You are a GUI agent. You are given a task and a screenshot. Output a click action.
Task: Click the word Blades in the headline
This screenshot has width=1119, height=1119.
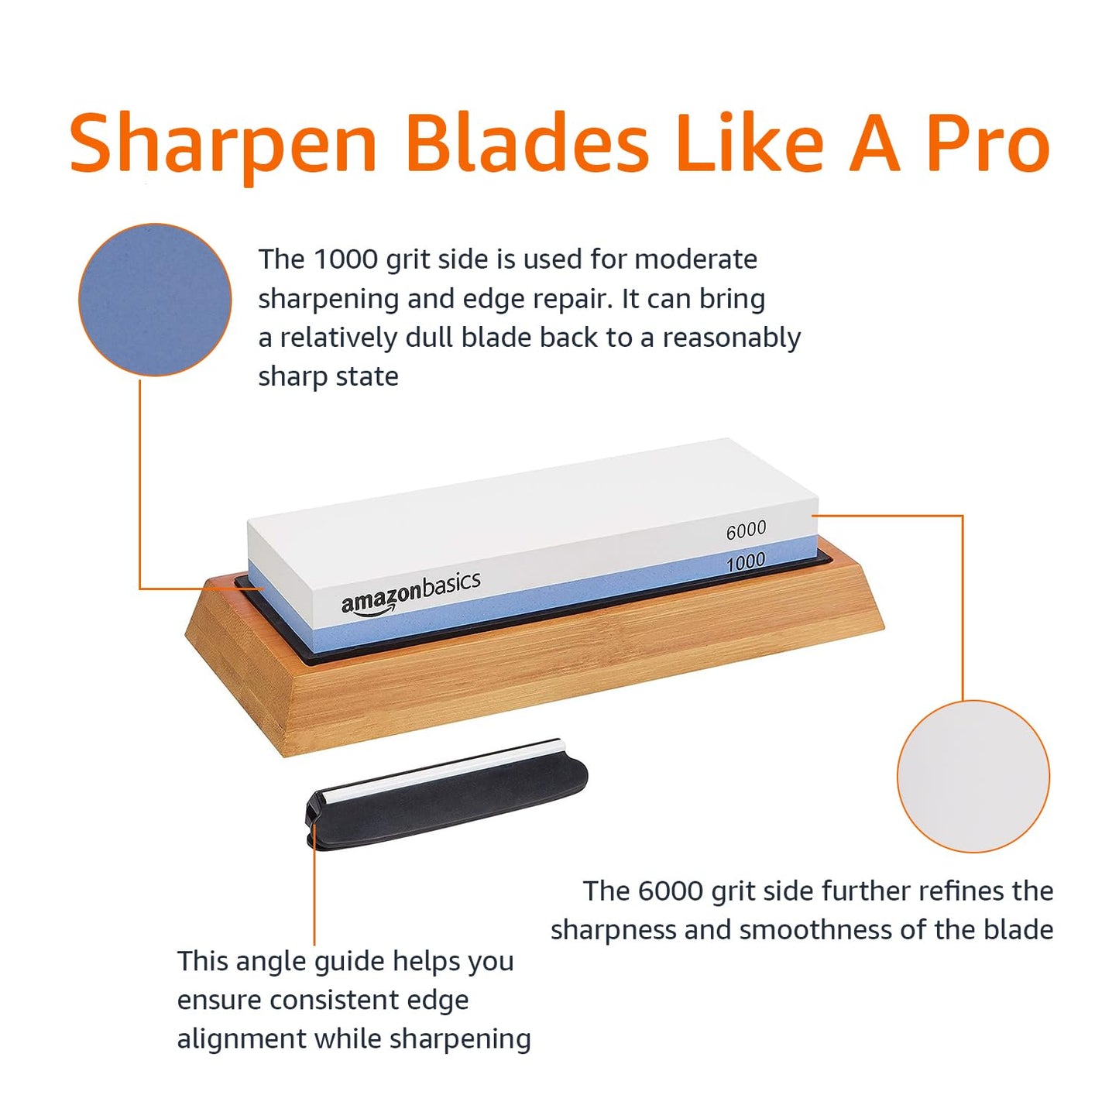[x=527, y=143]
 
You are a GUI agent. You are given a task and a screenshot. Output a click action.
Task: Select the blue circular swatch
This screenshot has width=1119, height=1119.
[x=155, y=300]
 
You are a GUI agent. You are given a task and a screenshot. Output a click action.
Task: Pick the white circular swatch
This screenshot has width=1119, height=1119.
[x=973, y=776]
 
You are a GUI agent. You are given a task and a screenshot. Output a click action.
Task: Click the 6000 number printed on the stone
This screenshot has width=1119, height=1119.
[x=746, y=530]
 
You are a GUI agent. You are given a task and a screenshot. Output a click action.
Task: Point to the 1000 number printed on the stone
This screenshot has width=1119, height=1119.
[x=745, y=561]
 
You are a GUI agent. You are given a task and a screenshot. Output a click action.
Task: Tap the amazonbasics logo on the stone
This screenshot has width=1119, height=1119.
[x=410, y=592]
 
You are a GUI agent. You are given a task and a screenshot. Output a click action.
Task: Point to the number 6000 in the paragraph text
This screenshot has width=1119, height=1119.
[x=671, y=891]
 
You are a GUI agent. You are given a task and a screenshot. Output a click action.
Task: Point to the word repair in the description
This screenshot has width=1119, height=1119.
[x=573, y=300]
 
